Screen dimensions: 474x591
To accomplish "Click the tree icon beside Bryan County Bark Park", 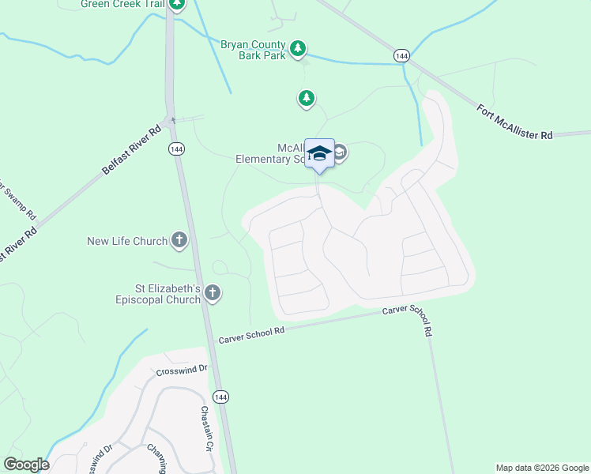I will click(x=297, y=49).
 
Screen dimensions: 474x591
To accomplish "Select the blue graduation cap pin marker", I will click(x=319, y=152).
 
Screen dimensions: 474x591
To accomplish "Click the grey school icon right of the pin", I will click(x=340, y=152).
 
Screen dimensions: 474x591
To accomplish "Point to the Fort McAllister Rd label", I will click(x=515, y=122).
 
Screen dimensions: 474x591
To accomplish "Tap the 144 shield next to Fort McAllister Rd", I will click(x=402, y=55).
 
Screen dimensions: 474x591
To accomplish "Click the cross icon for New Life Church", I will click(x=179, y=240).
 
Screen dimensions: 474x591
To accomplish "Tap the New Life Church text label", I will click(x=127, y=241).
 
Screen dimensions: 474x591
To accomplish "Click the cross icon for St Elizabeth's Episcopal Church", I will click(x=212, y=294).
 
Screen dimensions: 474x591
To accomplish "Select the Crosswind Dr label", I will click(x=181, y=369).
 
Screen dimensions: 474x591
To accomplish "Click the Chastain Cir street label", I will click(x=207, y=427).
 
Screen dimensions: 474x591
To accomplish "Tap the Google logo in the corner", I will click(x=26, y=465).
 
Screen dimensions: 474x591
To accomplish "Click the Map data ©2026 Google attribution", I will click(x=542, y=468).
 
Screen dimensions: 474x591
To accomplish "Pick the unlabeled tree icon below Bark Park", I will click(x=306, y=99).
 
